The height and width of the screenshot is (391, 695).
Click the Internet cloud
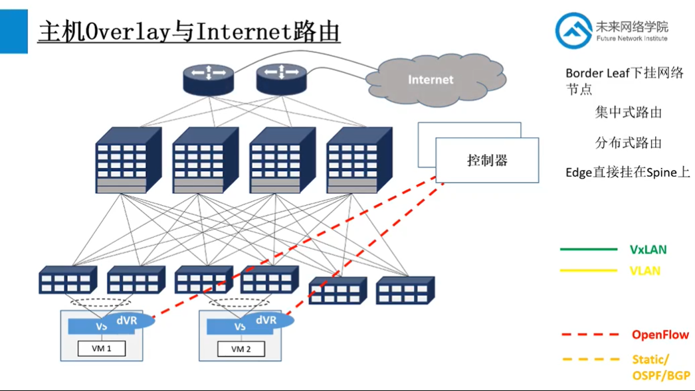pos(430,80)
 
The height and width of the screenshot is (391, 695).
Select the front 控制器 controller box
pos(487,161)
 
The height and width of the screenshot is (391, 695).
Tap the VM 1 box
pos(101,349)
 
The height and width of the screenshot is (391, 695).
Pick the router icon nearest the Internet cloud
pos(282,77)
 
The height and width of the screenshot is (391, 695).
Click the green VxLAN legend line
pos(589,250)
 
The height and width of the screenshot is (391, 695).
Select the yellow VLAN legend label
pos(645,271)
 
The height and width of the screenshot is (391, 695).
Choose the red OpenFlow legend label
pos(660,335)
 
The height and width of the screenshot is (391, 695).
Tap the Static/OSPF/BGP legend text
pos(660,367)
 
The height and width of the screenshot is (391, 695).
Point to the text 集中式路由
pos(629,113)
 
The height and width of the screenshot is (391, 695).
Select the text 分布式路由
pos(629,143)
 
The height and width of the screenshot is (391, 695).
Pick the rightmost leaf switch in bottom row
pos(405,290)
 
